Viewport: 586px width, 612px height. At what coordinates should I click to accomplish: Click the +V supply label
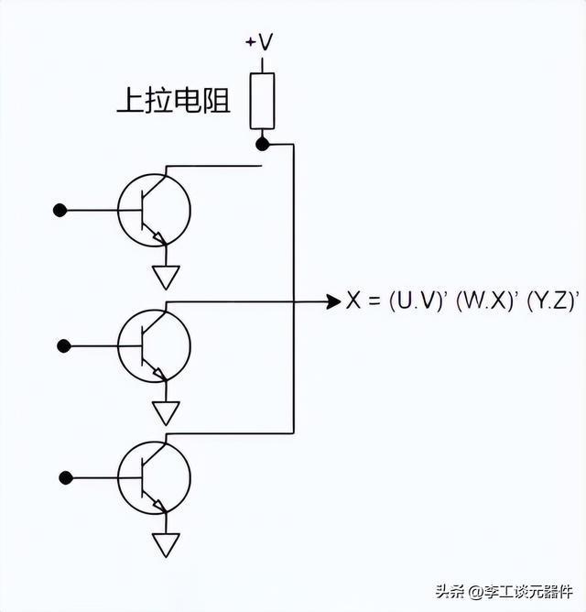[259, 42]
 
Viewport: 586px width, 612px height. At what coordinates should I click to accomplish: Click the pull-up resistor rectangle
[262, 101]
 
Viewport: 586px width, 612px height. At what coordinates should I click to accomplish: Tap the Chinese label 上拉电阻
[174, 100]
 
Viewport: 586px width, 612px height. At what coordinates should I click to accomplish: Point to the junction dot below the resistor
[263, 145]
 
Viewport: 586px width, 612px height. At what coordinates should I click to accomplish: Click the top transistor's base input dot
[60, 211]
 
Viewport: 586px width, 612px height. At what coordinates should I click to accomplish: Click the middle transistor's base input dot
[64, 346]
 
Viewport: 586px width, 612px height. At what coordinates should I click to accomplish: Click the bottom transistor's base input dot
[66, 477]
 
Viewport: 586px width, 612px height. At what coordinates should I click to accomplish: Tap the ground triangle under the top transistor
[166, 277]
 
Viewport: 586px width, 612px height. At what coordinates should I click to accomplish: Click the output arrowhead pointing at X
[333, 301]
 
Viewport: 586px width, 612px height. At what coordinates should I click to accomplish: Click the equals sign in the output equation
[374, 301]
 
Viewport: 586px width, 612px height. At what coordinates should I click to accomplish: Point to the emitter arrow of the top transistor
[159, 237]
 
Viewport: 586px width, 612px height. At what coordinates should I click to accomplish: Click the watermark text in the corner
[505, 592]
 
